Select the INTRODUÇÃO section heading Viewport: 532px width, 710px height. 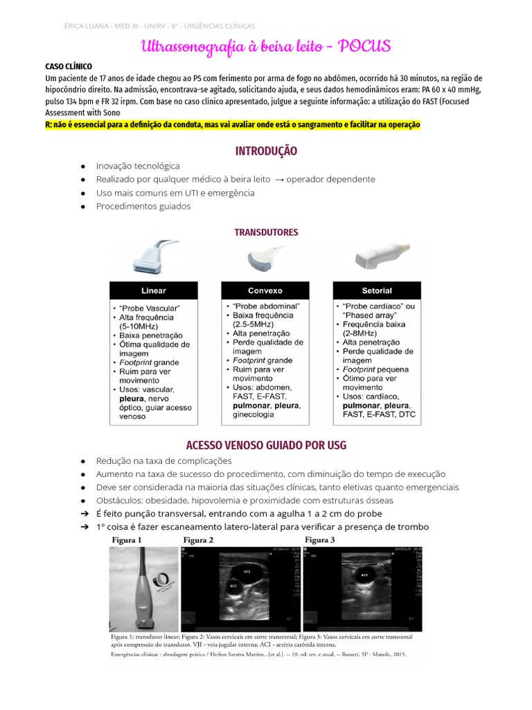click(266, 150)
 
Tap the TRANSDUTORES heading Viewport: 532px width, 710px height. click(266, 232)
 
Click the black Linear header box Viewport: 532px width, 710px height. click(153, 291)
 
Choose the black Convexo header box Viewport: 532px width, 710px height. click(265, 291)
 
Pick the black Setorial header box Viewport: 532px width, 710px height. click(377, 291)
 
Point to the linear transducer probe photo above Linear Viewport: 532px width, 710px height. click(153, 257)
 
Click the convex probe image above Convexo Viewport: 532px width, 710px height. click(265, 259)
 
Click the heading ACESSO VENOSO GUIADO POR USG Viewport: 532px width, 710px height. click(266, 444)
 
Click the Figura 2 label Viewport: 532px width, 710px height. click(198, 539)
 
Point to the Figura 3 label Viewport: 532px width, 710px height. click(320, 539)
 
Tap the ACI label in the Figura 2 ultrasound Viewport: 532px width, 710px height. click(233, 586)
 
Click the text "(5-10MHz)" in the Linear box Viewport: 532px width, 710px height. click(139, 326)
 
